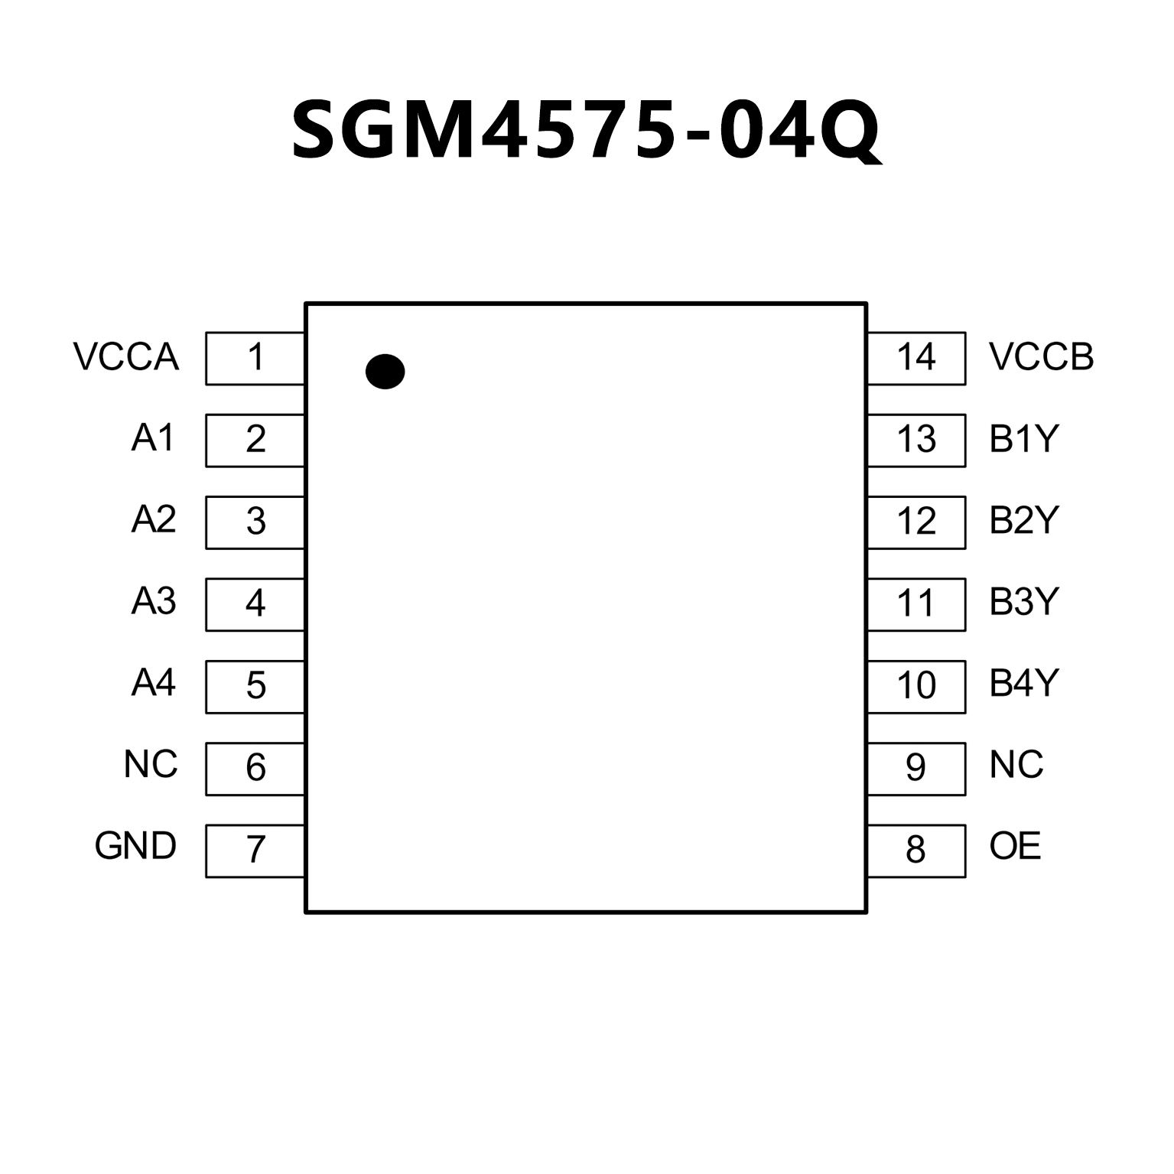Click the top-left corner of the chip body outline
click(306, 304)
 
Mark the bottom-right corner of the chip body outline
click(866, 912)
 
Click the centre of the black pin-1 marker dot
click(385, 372)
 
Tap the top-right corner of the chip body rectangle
click(866, 304)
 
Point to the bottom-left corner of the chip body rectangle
click(306, 912)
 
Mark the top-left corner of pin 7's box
click(206, 825)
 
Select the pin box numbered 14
click(916, 358)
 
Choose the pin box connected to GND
click(255, 850)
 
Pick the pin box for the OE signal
click(916, 850)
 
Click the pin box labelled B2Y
click(916, 522)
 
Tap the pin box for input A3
click(255, 604)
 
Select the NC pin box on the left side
click(255, 769)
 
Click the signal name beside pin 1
click(126, 357)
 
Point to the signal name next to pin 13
click(1024, 439)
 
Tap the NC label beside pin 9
click(1016, 765)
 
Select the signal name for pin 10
click(1024, 683)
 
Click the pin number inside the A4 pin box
click(255, 686)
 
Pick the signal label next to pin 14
click(1042, 357)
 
